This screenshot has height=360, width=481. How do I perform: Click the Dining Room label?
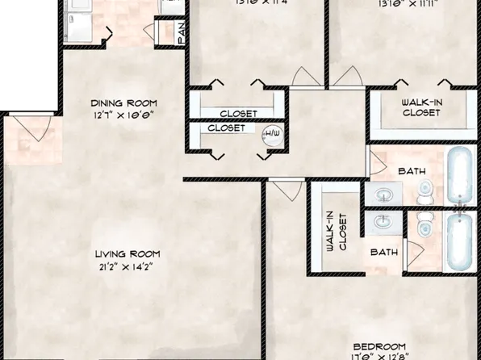[123, 103]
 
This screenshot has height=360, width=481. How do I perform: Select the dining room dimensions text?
[123, 115]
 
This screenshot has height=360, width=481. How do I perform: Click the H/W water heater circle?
[271, 136]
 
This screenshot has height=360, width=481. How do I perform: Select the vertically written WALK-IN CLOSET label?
[334, 232]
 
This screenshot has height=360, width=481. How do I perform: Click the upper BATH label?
[411, 171]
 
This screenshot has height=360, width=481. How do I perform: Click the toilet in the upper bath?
[426, 190]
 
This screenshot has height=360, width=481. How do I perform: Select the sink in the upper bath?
[382, 194]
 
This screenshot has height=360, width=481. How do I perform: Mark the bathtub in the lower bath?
[461, 243]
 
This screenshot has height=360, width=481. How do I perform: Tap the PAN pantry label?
[182, 33]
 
